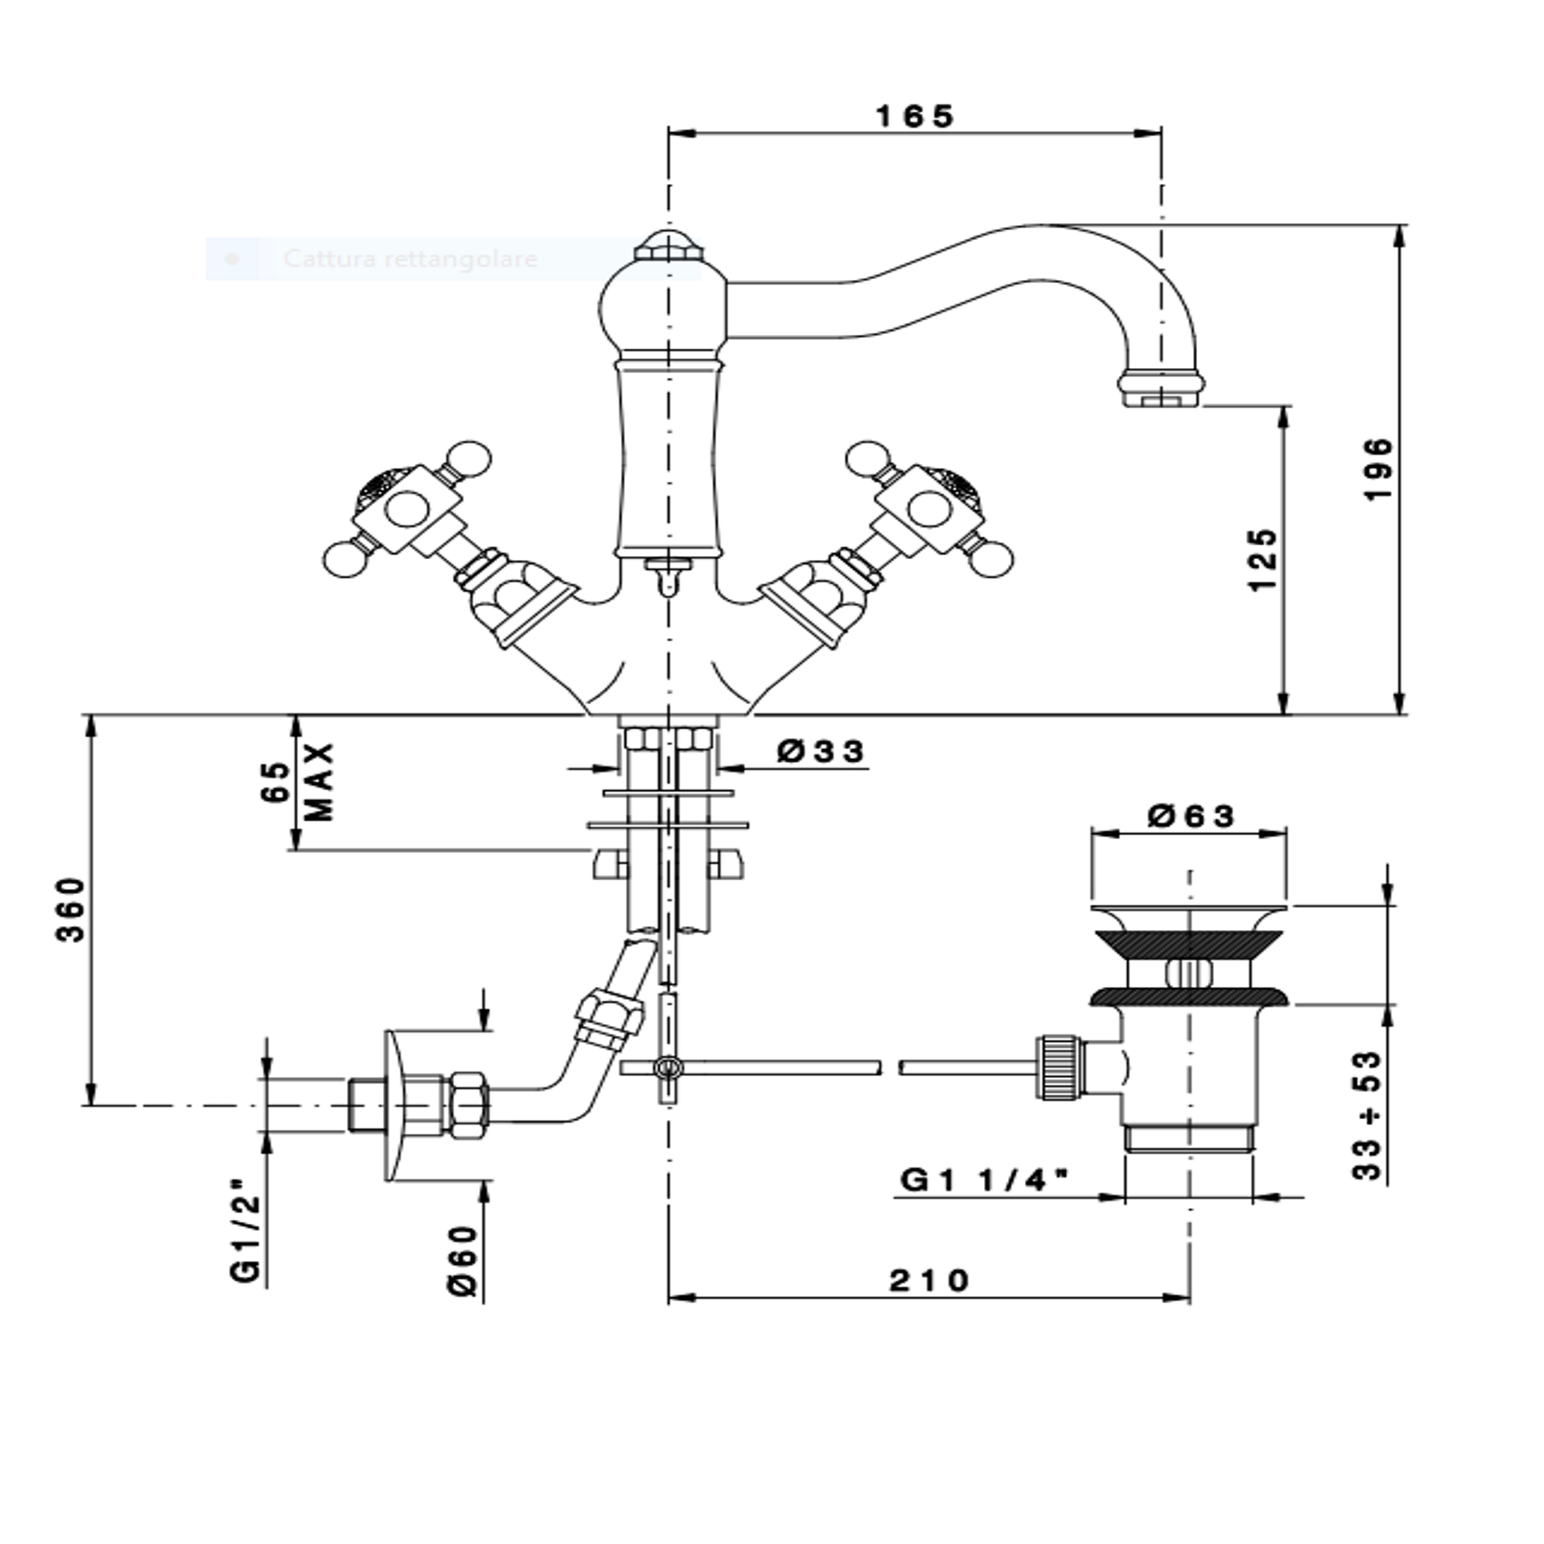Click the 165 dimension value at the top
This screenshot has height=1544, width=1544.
pos(915,116)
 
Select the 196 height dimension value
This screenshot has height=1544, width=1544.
pos(1379,469)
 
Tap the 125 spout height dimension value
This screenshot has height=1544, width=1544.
pos(1263,560)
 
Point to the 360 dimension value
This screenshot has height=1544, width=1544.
pos(72,909)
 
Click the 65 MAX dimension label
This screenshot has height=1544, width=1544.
pos(297,781)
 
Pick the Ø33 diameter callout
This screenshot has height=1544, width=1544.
pos(820,751)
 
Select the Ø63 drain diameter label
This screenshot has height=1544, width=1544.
pos(1191,817)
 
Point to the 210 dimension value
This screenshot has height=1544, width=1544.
pos(929,1281)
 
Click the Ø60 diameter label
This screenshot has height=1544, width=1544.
pos(463,1260)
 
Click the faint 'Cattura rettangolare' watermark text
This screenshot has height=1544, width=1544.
pos(410,259)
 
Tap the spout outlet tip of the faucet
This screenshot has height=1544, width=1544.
pos(1161,399)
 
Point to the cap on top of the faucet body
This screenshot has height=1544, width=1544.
pos(667,246)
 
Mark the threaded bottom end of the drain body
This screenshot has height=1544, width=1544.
pos(1190,1138)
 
